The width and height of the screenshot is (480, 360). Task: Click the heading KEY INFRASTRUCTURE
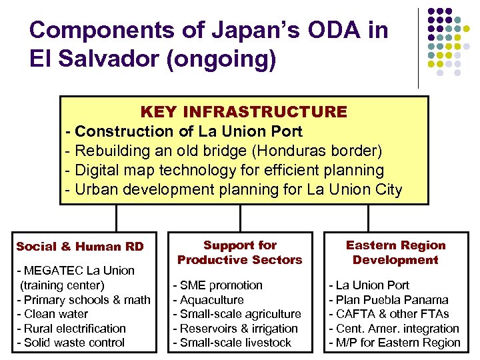[243, 111]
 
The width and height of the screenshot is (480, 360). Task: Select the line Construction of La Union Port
[184, 131]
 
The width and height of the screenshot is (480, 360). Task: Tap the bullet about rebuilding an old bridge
[224, 151]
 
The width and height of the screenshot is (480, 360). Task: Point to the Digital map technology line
[225, 170]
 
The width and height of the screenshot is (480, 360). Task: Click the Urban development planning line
[234, 189]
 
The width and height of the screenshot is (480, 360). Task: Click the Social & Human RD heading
[80, 247]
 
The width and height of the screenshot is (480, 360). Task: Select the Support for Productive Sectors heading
[239, 253]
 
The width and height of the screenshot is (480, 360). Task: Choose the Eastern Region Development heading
[395, 253]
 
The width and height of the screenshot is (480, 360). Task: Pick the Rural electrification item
[71, 329]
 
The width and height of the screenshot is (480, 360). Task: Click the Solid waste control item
[70, 343]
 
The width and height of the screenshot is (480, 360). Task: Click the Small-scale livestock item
[232, 343]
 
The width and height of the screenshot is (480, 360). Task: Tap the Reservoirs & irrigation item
[235, 329]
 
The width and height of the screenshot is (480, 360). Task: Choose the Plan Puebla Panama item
[388, 300]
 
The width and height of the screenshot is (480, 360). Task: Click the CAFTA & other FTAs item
[389, 314]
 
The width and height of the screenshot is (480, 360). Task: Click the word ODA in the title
[278, 30]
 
